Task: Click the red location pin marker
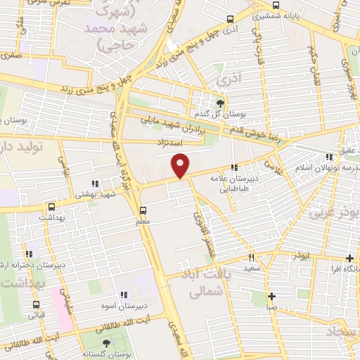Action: pos(181,165)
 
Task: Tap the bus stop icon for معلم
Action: pos(143,210)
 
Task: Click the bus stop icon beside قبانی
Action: pos(36,304)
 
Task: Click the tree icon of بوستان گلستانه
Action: pos(106,342)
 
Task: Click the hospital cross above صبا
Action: pos(271,296)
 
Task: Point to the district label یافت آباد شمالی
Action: pos(202,281)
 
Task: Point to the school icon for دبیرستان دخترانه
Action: pos(30,254)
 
